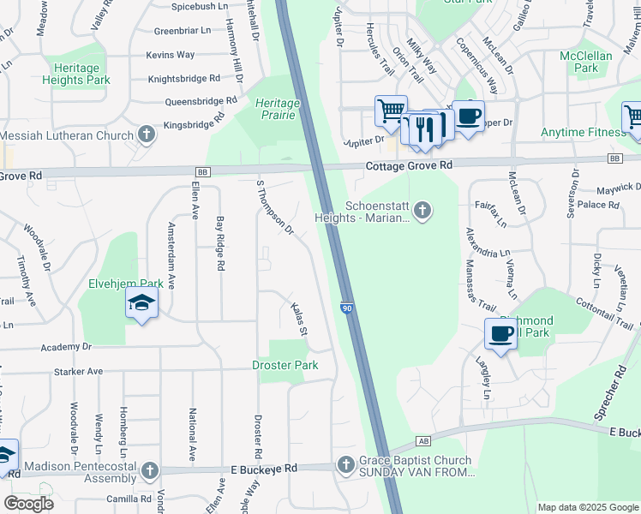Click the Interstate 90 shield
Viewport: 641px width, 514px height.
[x=347, y=308]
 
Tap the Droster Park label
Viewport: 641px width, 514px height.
[x=285, y=366]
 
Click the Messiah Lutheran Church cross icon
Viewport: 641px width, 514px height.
[x=147, y=134]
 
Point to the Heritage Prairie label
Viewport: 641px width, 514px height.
[x=278, y=110]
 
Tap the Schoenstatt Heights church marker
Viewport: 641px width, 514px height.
[x=422, y=211]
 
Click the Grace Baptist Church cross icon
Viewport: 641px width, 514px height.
[x=345, y=465]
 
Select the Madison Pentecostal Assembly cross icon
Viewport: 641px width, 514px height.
[x=149, y=471]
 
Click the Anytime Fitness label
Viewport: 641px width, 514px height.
[x=583, y=133]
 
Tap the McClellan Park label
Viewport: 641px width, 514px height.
[x=585, y=61]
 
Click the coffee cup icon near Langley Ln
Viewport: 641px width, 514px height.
[x=500, y=334]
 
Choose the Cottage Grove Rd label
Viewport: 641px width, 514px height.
[x=407, y=166]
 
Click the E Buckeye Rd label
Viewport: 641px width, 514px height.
[x=264, y=469]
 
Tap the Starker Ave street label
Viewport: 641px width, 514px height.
[x=78, y=372]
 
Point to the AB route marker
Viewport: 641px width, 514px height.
[x=422, y=442]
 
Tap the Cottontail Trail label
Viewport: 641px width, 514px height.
[x=605, y=315]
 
